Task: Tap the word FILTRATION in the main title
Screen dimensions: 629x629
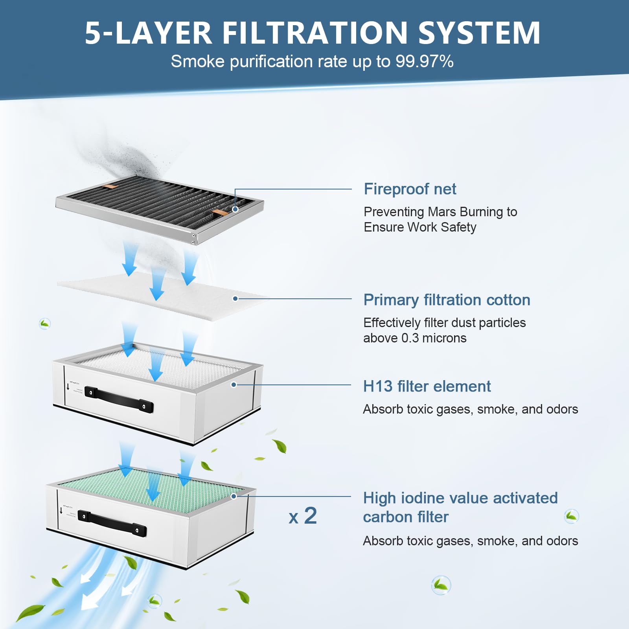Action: point(315,33)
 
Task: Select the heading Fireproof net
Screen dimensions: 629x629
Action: point(410,189)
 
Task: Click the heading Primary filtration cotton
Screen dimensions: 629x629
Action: point(447,300)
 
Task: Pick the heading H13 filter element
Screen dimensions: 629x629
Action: point(427,386)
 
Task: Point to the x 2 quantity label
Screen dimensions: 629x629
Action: point(303,516)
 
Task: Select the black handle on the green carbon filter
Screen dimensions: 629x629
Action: point(112,523)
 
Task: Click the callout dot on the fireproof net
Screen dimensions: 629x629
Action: point(235,209)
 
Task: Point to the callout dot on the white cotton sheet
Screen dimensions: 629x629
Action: point(235,299)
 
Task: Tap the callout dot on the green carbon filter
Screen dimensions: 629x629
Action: point(234,496)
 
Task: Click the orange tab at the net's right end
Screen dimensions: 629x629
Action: point(219,212)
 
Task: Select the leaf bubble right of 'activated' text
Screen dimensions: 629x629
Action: point(571,516)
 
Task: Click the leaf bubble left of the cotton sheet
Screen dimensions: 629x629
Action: point(45,324)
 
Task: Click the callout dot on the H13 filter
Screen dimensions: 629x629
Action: point(234,384)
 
